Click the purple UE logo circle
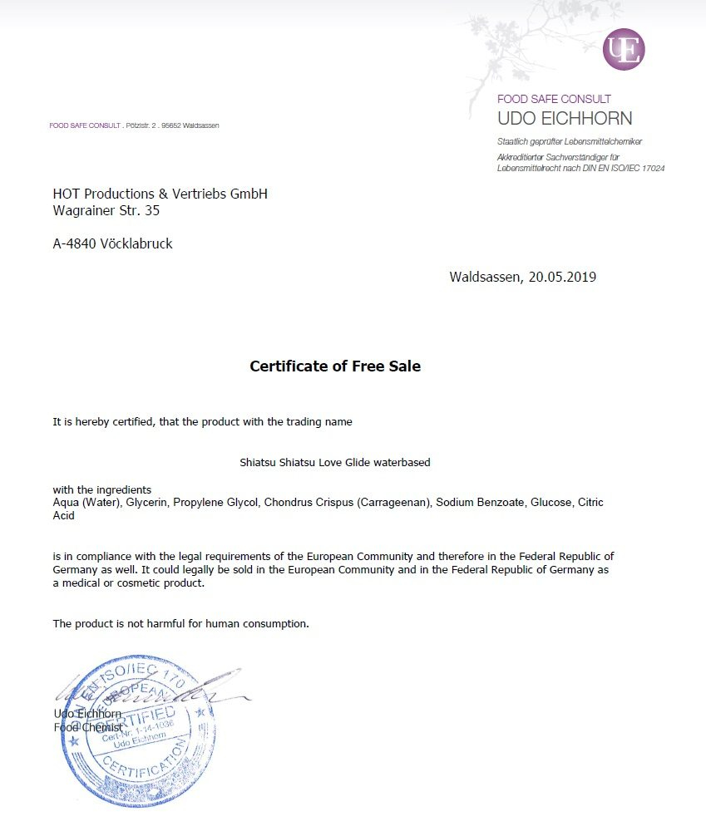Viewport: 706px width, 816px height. point(624,49)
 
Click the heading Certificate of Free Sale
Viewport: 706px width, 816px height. point(335,366)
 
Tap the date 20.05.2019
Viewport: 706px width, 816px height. point(562,277)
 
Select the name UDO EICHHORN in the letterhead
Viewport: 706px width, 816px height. point(565,118)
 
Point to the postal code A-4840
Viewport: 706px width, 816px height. point(74,243)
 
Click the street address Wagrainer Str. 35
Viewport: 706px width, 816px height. point(106,210)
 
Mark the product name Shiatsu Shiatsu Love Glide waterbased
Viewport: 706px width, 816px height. point(334,462)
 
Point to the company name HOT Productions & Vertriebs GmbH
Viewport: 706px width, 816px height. point(160,194)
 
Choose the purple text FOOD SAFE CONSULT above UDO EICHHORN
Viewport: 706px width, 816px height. point(554,99)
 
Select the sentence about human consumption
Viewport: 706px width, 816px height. point(180,623)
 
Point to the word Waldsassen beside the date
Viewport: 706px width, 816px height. point(485,277)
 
